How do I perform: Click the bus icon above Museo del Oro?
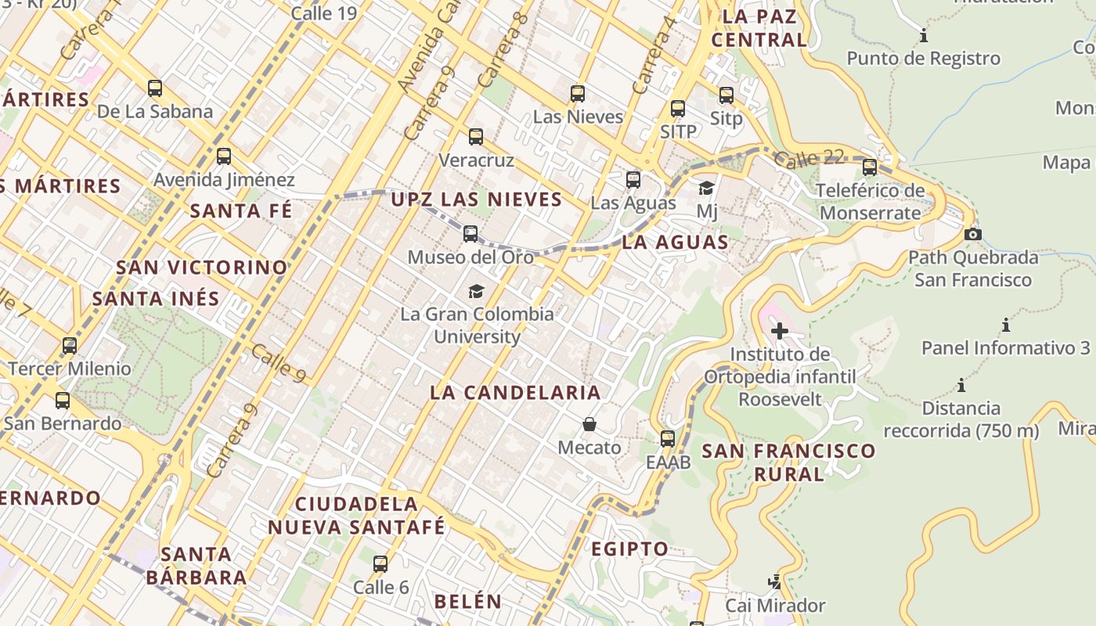pos(470,234)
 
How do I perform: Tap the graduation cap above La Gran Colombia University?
pos(476,292)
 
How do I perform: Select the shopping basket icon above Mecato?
pos(589,424)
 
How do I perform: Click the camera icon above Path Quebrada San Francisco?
pos(973,234)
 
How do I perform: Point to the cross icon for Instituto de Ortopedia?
pos(780,331)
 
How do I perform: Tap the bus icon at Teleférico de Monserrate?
pos(870,167)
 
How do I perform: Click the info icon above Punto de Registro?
pos(924,35)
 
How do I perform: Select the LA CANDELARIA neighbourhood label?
pos(515,392)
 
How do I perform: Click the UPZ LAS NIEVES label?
pos(477,200)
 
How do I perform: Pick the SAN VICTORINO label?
pos(202,267)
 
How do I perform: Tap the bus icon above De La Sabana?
pos(155,88)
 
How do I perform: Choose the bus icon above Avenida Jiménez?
pos(224,156)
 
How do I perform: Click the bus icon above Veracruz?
pos(476,137)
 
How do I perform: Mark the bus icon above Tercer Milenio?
pos(70,345)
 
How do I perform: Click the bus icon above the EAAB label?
pos(668,439)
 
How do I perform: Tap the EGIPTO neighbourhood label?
pos(629,549)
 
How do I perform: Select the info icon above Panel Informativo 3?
pos(1006,325)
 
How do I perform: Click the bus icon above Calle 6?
pos(380,563)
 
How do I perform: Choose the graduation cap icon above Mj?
pos(707,188)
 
